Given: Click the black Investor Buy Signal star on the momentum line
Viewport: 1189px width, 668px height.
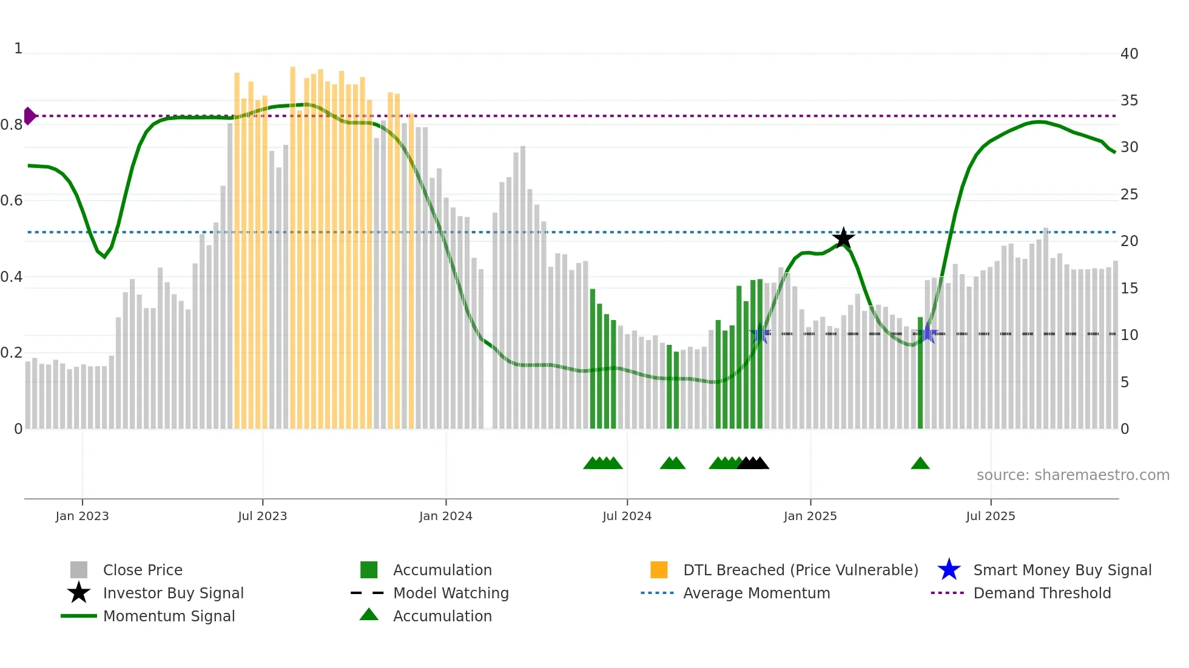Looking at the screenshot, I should (843, 238).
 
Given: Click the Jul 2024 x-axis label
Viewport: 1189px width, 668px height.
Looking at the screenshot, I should (627, 516).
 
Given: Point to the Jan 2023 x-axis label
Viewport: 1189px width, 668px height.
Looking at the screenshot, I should (82, 516).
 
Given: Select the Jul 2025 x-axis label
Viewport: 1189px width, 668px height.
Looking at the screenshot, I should (990, 516).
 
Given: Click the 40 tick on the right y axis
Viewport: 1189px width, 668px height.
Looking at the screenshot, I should (1129, 54).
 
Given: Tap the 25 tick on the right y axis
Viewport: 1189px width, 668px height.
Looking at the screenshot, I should (1129, 195).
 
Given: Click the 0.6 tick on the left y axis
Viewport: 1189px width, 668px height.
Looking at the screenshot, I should (12, 201).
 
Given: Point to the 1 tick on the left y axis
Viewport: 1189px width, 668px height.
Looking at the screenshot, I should (18, 48).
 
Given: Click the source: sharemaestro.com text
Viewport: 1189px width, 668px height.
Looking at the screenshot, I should (1073, 475).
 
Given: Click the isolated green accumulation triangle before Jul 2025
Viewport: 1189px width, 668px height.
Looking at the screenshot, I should (920, 464).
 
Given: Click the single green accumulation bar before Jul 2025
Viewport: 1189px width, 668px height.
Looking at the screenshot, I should (920, 373).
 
